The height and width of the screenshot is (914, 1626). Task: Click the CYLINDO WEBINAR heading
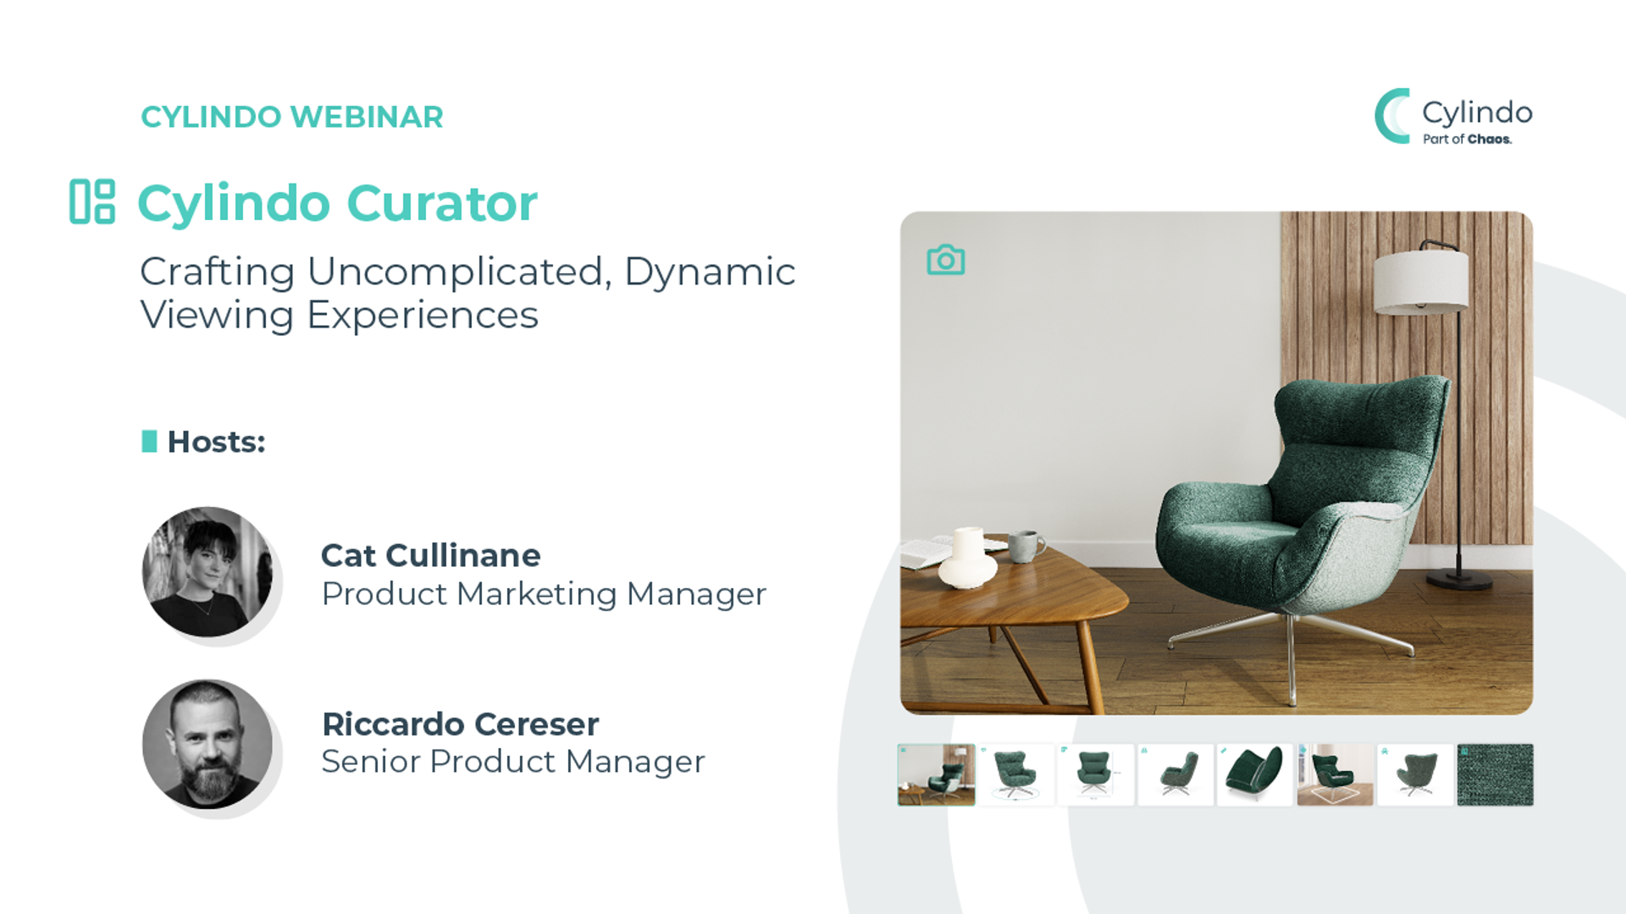292,117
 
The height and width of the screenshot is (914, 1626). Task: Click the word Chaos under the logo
1490,140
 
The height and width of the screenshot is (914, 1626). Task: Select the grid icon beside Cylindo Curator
91,201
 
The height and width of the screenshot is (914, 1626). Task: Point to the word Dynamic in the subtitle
710,273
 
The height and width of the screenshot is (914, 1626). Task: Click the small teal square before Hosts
149,441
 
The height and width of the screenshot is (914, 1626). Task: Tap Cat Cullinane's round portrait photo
207,572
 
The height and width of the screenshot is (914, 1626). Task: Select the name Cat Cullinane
430,555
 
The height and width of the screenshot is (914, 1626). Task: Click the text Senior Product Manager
513,762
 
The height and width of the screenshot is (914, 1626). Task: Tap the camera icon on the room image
946,260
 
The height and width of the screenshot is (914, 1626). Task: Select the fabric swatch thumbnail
1495,774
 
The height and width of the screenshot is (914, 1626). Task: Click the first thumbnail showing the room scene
937,774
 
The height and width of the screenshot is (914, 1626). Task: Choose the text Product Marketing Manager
544,594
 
